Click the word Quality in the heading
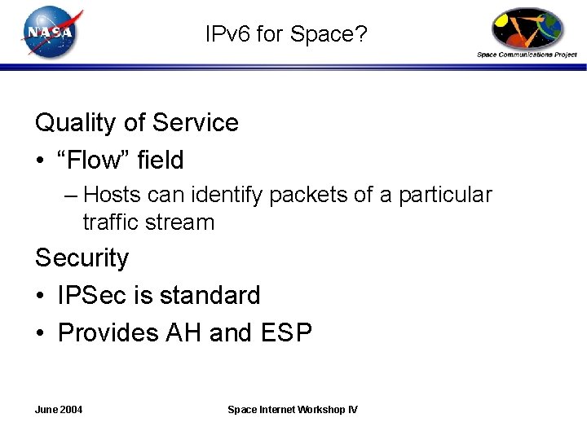[x=76, y=123]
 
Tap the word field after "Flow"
[x=160, y=160]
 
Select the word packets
[x=306, y=196]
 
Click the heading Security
[x=82, y=258]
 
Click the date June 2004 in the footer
[x=59, y=409]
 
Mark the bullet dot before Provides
[x=40, y=333]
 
